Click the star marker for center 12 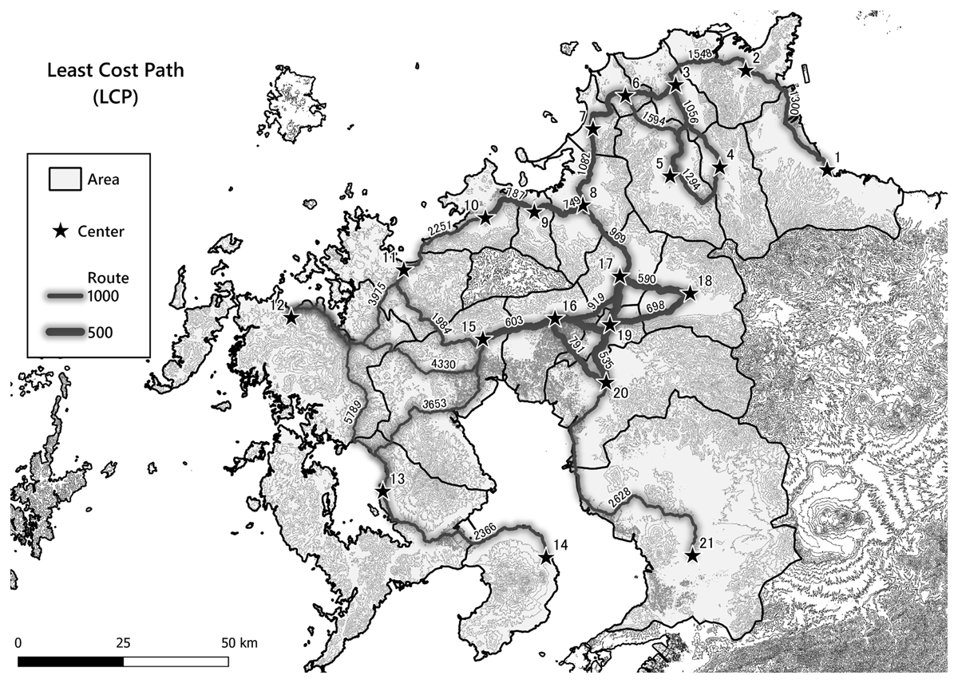291,317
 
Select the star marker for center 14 547,557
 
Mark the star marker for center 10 485,217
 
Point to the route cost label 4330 442,364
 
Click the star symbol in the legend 60,231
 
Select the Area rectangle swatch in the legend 64,180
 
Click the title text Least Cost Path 114,70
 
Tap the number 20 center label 621,392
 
